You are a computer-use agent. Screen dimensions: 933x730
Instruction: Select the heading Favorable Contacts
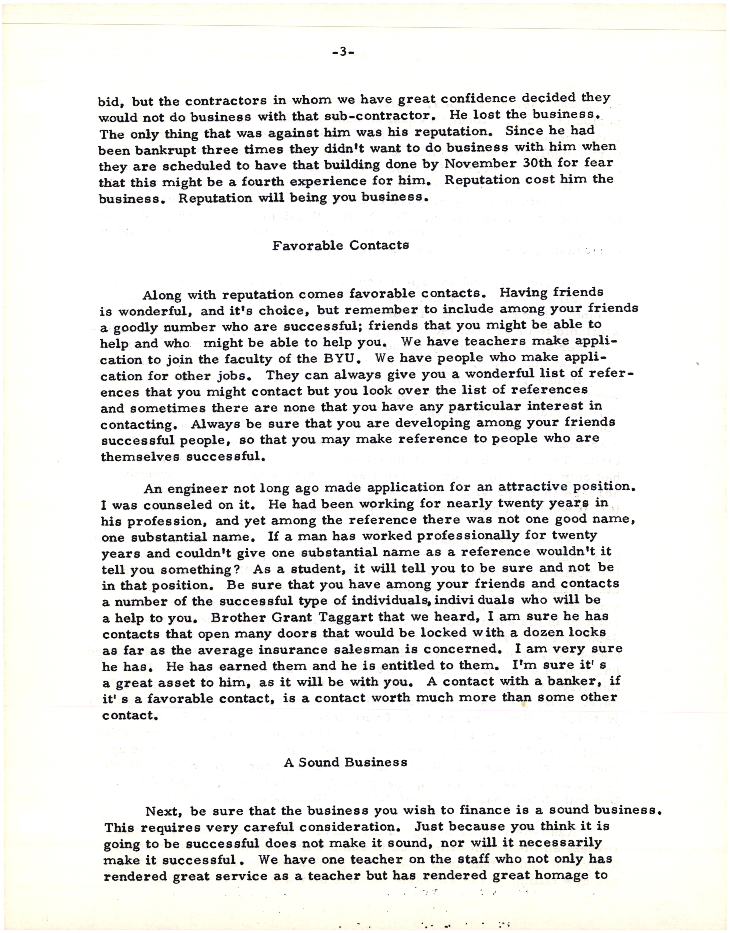tap(341, 245)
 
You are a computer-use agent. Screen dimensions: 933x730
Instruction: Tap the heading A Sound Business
tap(345, 762)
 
